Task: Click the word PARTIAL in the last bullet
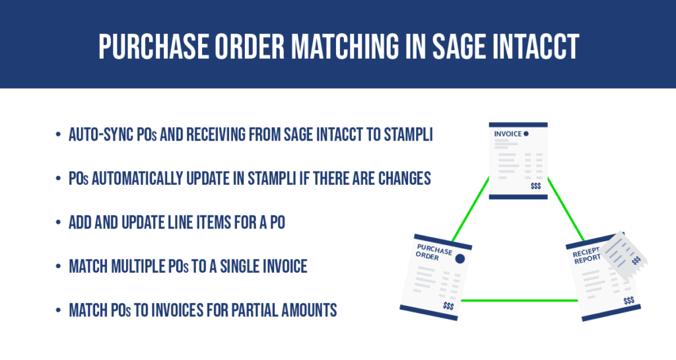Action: [257, 310]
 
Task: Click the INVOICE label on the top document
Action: [508, 134]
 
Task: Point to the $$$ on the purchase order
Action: [448, 306]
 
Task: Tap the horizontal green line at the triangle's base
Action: [515, 301]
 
